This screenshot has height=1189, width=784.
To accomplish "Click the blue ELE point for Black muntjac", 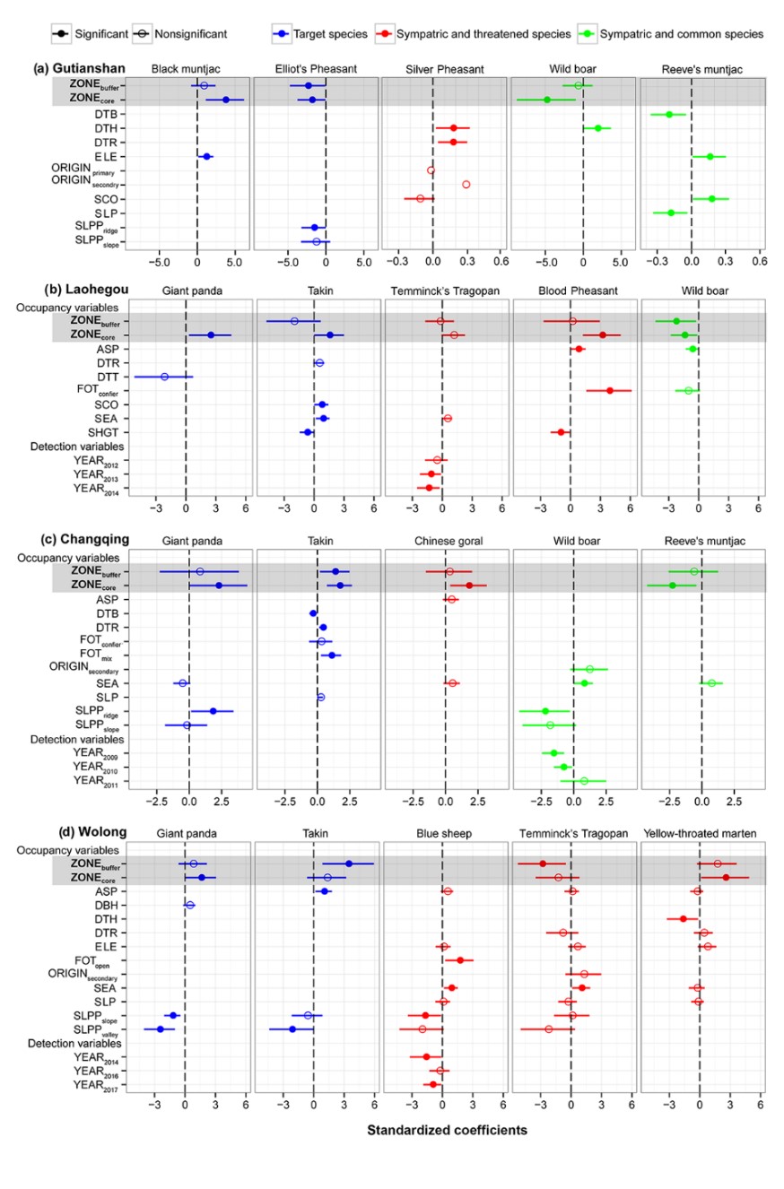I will (206, 157).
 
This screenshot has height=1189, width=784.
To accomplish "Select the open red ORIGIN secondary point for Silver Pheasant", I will (466, 185).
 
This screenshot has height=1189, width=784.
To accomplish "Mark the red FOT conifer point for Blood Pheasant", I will (610, 390).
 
